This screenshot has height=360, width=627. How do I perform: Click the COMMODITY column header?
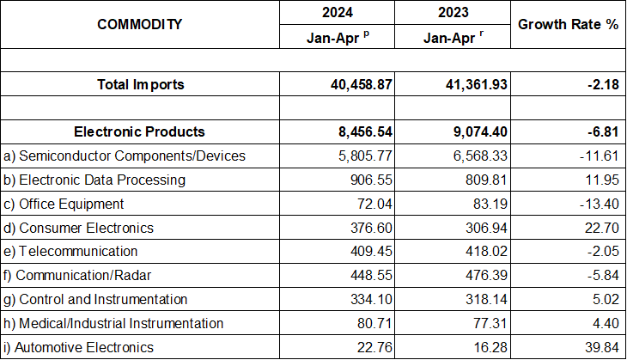pos(140,24)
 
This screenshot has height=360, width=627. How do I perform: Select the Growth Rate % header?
pos(568,24)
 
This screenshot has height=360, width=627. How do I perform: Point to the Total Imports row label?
pos(140,84)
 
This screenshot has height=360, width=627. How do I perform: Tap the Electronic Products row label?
pos(140,131)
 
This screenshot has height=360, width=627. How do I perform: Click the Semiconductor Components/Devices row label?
pos(125,156)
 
